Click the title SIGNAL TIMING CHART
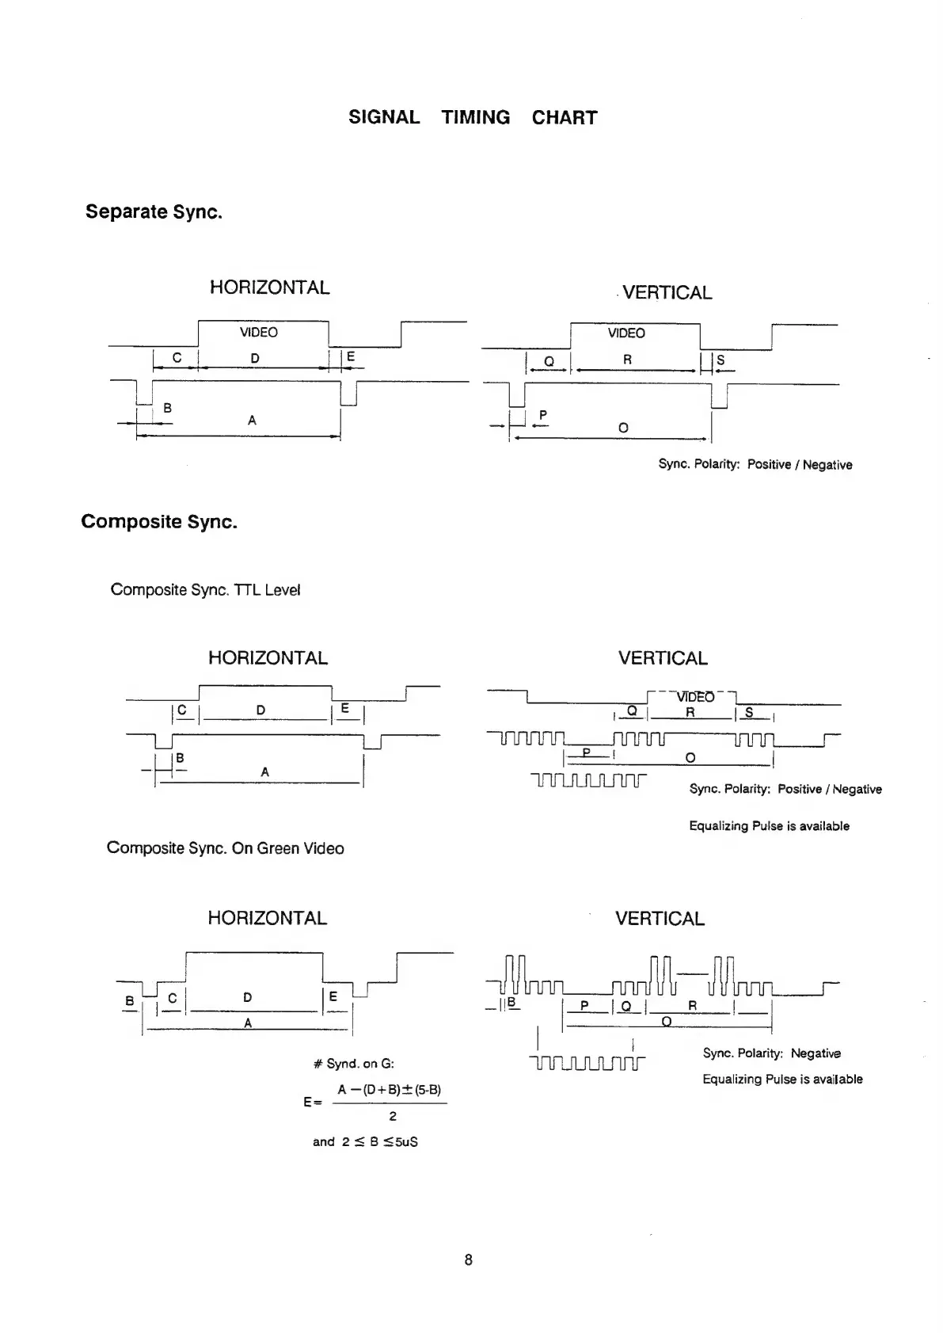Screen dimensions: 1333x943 click(473, 117)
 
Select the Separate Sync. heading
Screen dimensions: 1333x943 click(154, 211)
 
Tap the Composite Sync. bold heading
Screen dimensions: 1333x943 click(159, 522)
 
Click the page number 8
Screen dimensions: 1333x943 click(469, 1259)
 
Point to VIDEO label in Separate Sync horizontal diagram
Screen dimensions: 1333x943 click(259, 333)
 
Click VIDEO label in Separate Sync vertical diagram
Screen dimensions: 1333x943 click(626, 333)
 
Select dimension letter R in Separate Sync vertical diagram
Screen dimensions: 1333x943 click(627, 360)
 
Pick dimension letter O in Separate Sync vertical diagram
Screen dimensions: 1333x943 click(623, 428)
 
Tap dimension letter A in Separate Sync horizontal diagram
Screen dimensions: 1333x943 click(252, 421)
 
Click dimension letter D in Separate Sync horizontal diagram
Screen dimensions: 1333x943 click(255, 359)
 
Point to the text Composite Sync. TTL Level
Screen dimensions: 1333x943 click(205, 590)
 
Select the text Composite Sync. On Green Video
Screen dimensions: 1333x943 click(225, 848)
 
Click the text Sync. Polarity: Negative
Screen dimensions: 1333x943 click(771, 1053)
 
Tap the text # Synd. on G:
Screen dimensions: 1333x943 click(354, 1064)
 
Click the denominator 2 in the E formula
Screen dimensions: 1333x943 click(393, 1117)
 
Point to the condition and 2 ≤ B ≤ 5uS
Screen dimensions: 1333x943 click(365, 1141)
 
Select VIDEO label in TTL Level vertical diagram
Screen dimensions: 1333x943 click(695, 697)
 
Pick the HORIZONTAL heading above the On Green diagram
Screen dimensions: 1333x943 click(267, 918)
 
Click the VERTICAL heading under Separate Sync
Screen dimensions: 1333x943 click(667, 293)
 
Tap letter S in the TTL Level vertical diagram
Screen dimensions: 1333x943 click(749, 713)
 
